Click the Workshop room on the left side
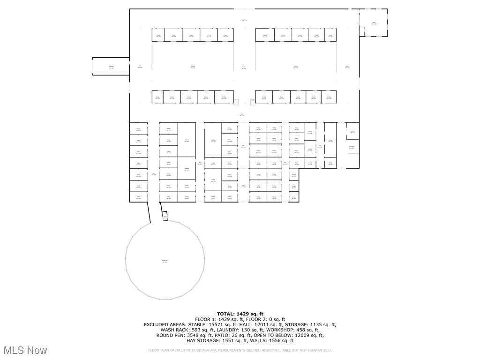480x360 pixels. pyautogui.click(x=111, y=66)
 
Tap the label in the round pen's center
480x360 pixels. pyautogui.click(x=165, y=261)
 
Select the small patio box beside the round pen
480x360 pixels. pyautogui.click(x=165, y=217)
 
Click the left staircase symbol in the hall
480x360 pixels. pyautogui.click(x=237, y=102)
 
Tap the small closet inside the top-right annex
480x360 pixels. pyautogui.click(x=362, y=31)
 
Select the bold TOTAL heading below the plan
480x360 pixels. pyautogui.click(x=240, y=314)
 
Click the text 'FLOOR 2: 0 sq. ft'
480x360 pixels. pyautogui.click(x=263, y=319)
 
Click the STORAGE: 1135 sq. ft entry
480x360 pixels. pyautogui.click(x=317, y=324)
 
